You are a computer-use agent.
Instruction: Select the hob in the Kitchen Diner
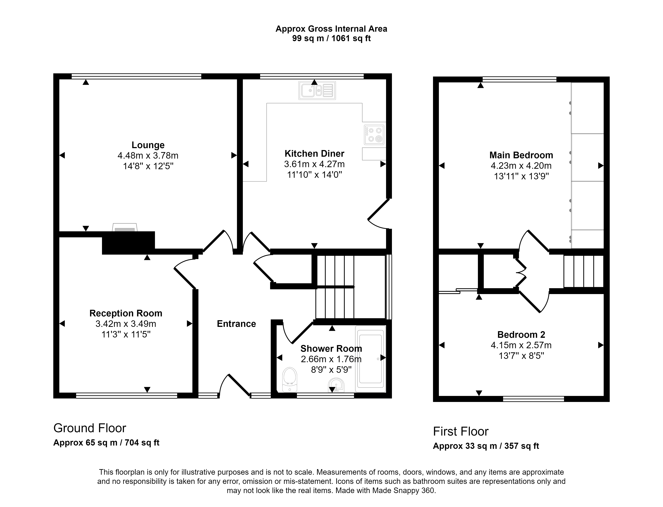tap(374, 135)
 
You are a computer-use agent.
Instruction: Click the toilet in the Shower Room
tap(290, 380)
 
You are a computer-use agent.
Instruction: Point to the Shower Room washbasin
tap(336, 385)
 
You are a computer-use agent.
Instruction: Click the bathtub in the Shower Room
tap(371, 359)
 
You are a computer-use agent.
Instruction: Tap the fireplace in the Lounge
tap(125, 227)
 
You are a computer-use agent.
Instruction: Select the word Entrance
tap(236, 324)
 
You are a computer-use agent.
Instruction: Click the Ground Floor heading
tap(90, 428)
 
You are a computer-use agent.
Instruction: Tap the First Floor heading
tap(461, 432)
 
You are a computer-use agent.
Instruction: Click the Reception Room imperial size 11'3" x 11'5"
tap(126, 334)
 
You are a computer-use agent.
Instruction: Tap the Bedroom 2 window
tap(533, 399)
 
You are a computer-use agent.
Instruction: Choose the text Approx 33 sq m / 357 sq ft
tap(486, 446)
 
